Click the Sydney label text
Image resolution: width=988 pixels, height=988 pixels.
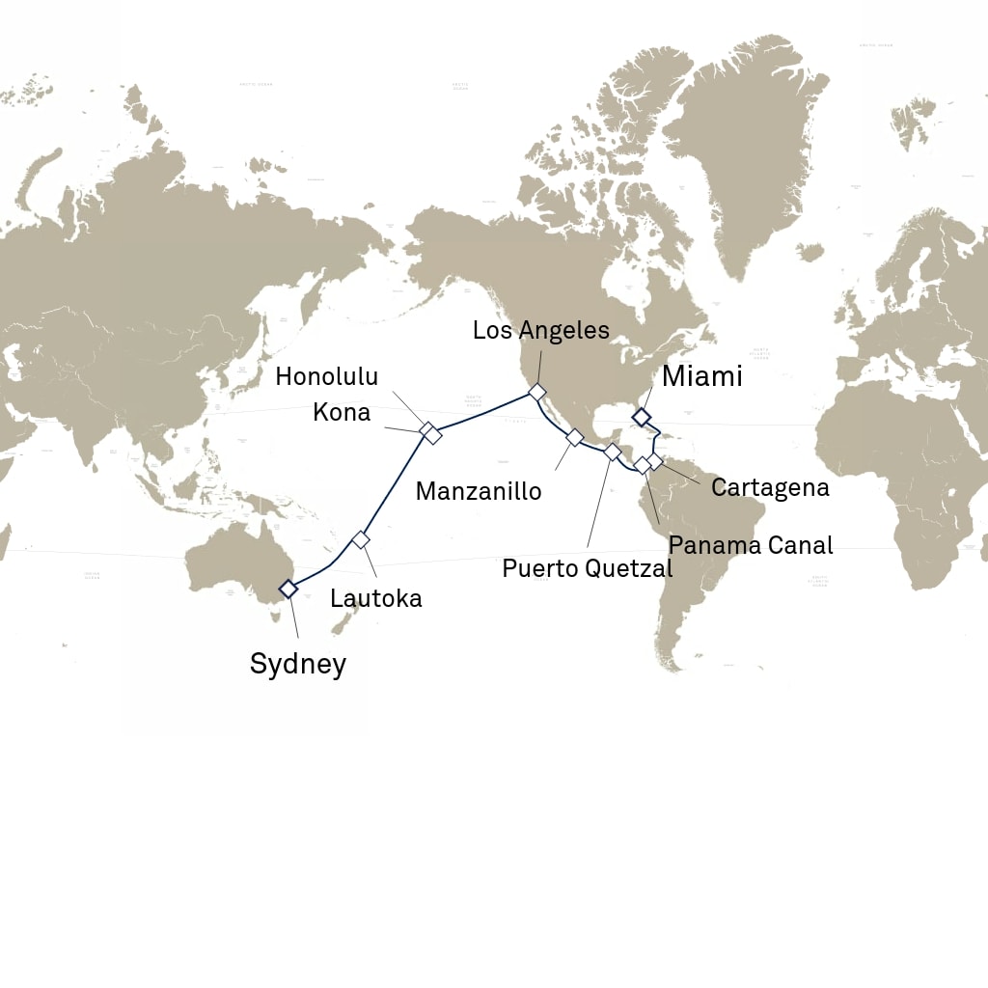point(297,664)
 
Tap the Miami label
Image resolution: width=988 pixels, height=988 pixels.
point(701,376)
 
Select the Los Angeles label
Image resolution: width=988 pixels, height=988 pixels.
point(540,330)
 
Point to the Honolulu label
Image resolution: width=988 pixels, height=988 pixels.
point(326,375)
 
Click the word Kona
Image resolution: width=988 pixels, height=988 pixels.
point(342,412)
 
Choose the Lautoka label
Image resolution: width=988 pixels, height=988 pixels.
point(375,598)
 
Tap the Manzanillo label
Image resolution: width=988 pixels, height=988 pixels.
point(478,491)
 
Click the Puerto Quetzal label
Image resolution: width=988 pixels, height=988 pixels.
point(587,568)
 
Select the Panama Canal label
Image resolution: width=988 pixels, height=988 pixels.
point(750,545)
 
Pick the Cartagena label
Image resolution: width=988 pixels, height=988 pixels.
point(769,487)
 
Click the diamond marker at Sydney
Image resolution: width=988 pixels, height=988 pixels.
point(288,589)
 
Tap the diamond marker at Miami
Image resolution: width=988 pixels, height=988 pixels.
point(640,417)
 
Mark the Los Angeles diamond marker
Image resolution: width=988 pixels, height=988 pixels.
point(536,392)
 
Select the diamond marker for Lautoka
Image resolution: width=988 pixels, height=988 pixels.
point(361,539)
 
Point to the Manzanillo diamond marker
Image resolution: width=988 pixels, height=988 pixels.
point(574,437)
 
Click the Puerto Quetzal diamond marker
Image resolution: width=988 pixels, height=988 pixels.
point(612,452)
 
